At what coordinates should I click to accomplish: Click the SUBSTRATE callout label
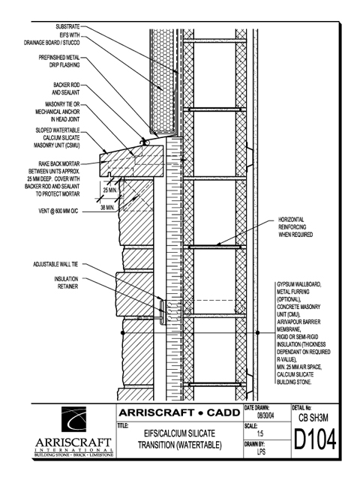(67, 27)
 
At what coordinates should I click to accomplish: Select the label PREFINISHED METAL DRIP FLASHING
(59, 61)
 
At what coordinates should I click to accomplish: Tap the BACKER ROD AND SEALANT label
(66, 88)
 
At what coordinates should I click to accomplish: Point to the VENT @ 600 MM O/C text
(58, 211)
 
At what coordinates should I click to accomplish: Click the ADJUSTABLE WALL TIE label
(55, 264)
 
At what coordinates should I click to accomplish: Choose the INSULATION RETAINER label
(66, 283)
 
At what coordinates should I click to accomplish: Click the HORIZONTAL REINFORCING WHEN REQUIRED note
(295, 227)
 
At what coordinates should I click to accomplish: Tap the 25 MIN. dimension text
(110, 190)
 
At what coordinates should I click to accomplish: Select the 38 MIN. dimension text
(107, 208)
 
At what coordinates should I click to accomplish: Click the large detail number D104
(315, 439)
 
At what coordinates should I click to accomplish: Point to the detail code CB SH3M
(313, 418)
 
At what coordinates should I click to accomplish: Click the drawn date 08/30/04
(265, 416)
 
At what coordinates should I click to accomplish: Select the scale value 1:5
(260, 433)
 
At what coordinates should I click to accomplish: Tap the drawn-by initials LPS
(261, 451)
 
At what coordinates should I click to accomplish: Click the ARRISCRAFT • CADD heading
(179, 412)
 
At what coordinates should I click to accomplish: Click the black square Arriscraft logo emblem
(73, 419)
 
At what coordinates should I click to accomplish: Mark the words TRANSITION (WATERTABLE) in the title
(180, 445)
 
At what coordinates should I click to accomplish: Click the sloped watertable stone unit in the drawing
(132, 161)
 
